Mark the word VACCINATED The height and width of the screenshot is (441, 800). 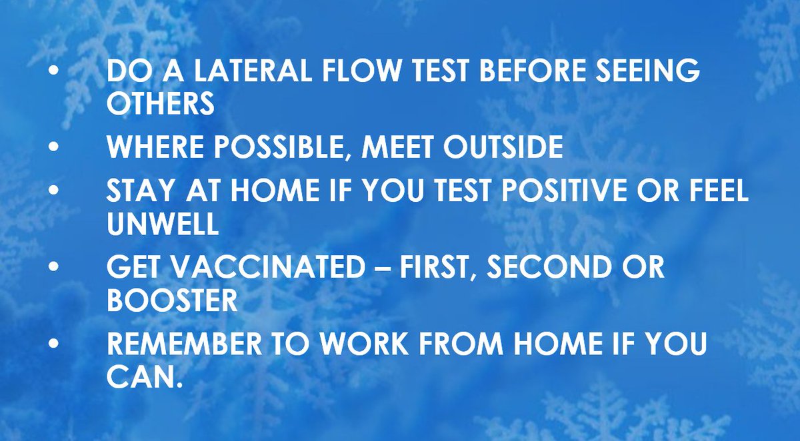pos(263,268)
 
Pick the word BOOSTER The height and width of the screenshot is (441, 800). pos(172,301)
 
